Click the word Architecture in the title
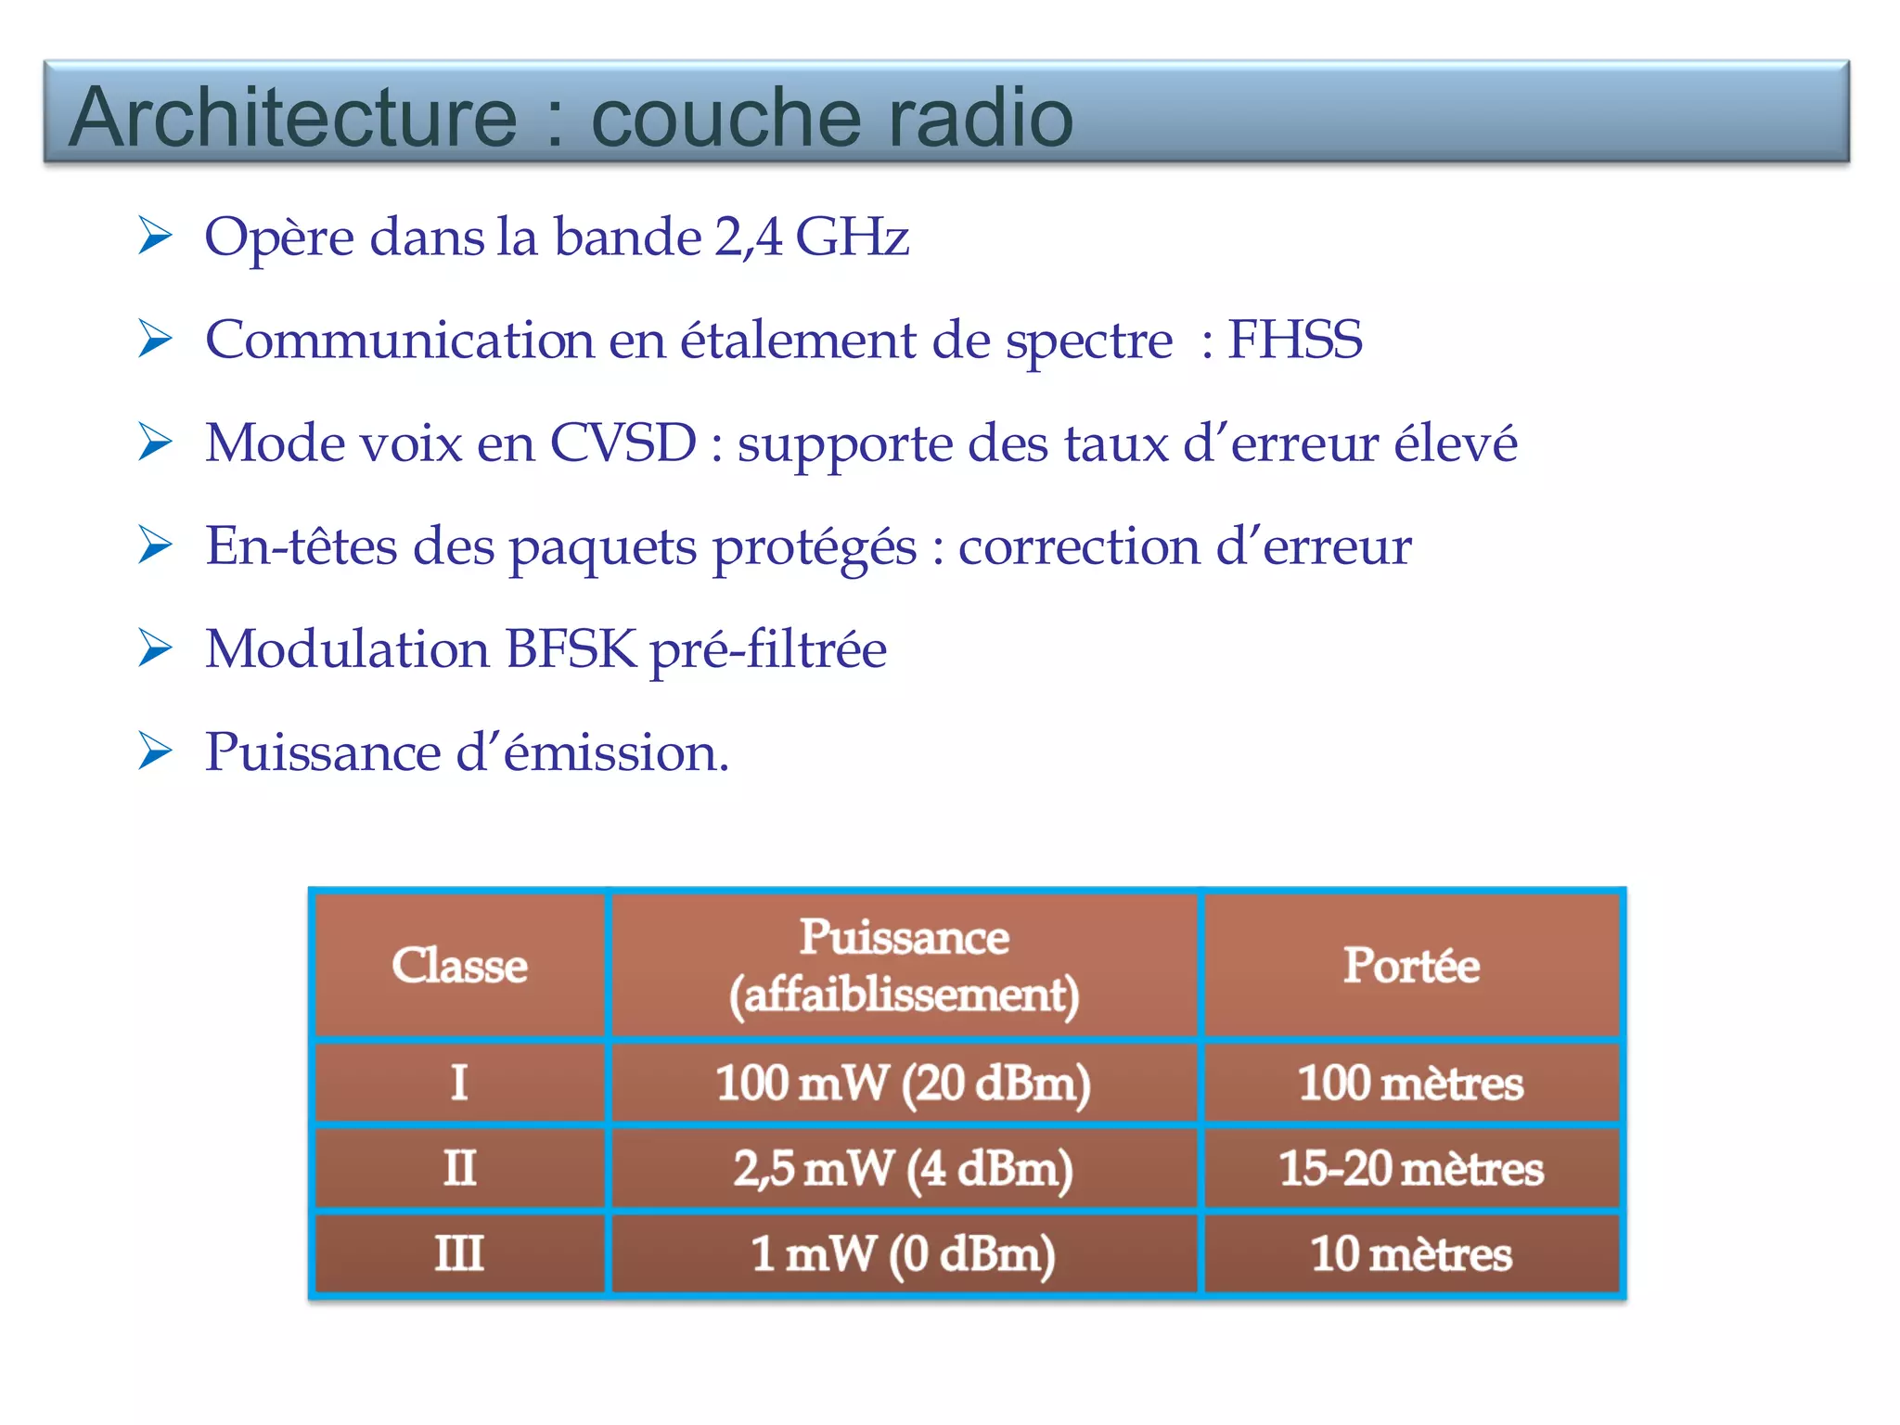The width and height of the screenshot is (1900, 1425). tap(292, 117)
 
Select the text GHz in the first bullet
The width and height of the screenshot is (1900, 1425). tap(852, 237)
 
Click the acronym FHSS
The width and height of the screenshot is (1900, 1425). tap(1295, 340)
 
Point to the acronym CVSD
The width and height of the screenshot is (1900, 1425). tap(623, 443)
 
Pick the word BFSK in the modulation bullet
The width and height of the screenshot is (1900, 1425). tap(571, 648)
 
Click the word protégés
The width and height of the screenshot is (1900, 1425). tap(814, 547)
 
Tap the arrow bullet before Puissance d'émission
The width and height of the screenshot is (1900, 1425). tap(155, 751)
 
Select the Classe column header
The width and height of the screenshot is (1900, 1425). tap(459, 965)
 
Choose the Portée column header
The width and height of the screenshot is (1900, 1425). tap(1411, 965)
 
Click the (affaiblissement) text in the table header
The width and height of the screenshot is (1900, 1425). tap(904, 995)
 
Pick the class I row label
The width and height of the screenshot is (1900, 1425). tap(459, 1083)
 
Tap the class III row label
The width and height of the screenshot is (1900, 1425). tap(459, 1253)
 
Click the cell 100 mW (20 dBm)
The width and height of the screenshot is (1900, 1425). tap(904, 1083)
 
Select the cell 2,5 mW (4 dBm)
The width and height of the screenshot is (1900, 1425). tap(904, 1168)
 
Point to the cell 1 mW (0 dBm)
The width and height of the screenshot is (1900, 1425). tap(904, 1253)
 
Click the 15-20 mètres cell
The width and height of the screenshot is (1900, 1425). tap(1411, 1168)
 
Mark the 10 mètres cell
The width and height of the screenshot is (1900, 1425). tap(1411, 1253)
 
